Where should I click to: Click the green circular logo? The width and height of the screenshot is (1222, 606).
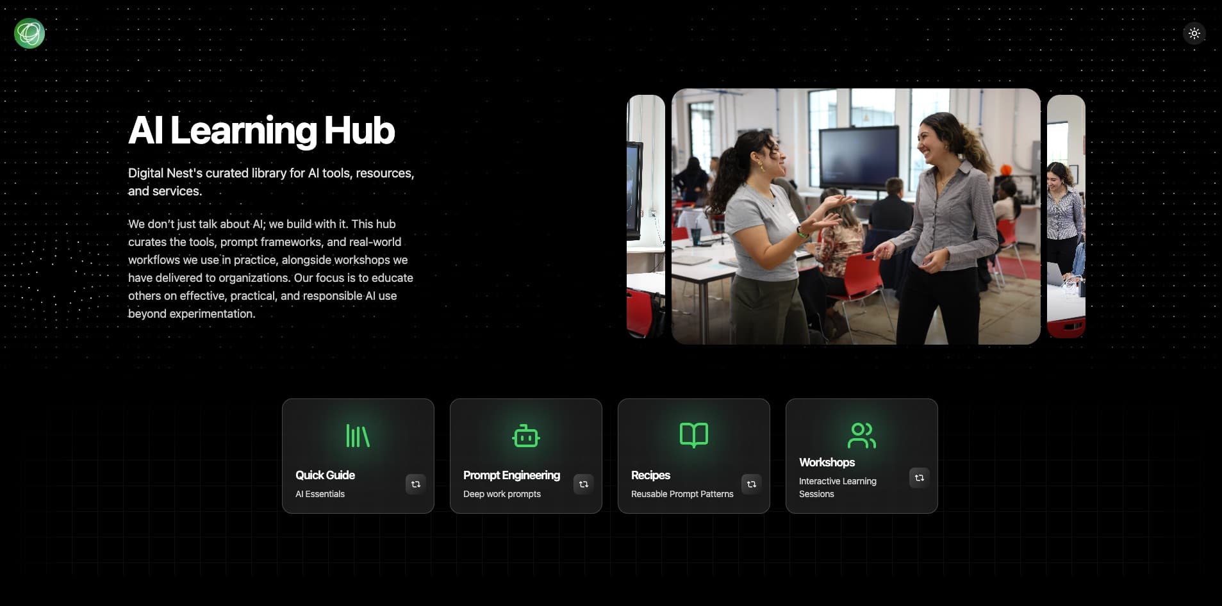click(29, 33)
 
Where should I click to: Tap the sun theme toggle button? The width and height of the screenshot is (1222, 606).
click(1194, 33)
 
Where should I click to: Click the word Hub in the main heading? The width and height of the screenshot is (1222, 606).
click(359, 131)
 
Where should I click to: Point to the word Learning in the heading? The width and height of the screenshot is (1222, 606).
click(243, 131)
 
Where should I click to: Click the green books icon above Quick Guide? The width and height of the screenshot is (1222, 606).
click(358, 436)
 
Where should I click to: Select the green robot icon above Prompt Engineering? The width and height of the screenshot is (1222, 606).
click(525, 436)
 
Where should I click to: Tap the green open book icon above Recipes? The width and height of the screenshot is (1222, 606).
click(693, 435)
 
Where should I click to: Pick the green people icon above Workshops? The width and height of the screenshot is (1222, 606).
click(861, 436)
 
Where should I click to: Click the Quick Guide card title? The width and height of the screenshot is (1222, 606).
click(325, 475)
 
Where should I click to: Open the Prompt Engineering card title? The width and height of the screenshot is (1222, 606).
click(511, 475)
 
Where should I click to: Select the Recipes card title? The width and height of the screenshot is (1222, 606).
click(650, 475)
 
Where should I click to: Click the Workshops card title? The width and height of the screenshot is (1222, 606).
click(827, 463)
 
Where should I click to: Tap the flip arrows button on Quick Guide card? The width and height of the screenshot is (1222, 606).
click(415, 484)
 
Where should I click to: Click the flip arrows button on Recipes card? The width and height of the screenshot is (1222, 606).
click(751, 484)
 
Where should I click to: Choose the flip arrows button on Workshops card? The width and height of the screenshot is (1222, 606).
click(919, 478)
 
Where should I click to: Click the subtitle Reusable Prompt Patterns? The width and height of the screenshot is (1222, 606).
click(682, 494)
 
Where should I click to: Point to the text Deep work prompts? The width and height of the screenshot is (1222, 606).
click(502, 494)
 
